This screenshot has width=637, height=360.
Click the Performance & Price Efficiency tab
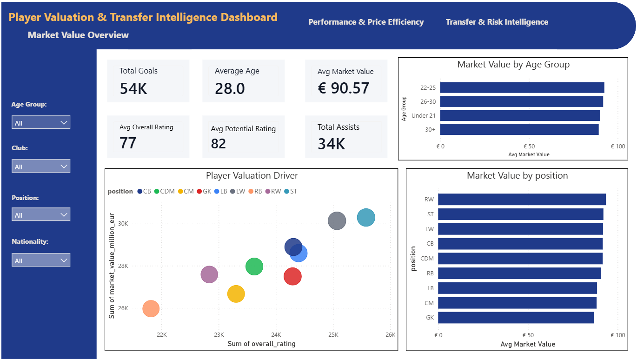pos(366,22)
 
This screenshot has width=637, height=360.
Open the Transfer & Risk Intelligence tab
pos(497,22)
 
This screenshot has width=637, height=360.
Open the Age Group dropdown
pos(41,123)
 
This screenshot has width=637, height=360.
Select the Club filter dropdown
pos(41,167)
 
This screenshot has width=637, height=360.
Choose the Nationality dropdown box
pos(41,260)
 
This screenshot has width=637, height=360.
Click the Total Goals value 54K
pos(133,88)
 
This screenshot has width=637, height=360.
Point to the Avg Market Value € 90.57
pos(344,88)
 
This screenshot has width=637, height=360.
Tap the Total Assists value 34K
pos(332,144)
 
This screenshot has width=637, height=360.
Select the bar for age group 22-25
pos(522,87)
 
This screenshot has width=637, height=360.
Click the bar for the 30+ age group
pos(519,129)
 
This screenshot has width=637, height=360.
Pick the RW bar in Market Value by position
pos(522,199)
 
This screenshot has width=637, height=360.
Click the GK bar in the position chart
pos(516,318)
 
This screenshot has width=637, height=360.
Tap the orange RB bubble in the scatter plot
pos(151,308)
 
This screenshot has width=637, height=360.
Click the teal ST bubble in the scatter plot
pos(366,218)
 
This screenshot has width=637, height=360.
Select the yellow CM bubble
pos(236,294)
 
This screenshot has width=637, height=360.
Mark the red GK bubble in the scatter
pos(292,277)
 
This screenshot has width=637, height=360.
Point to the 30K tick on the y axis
pos(123,224)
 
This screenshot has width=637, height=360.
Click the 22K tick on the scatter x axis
pos(162,334)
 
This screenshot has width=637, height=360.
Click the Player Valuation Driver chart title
pos(252,176)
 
